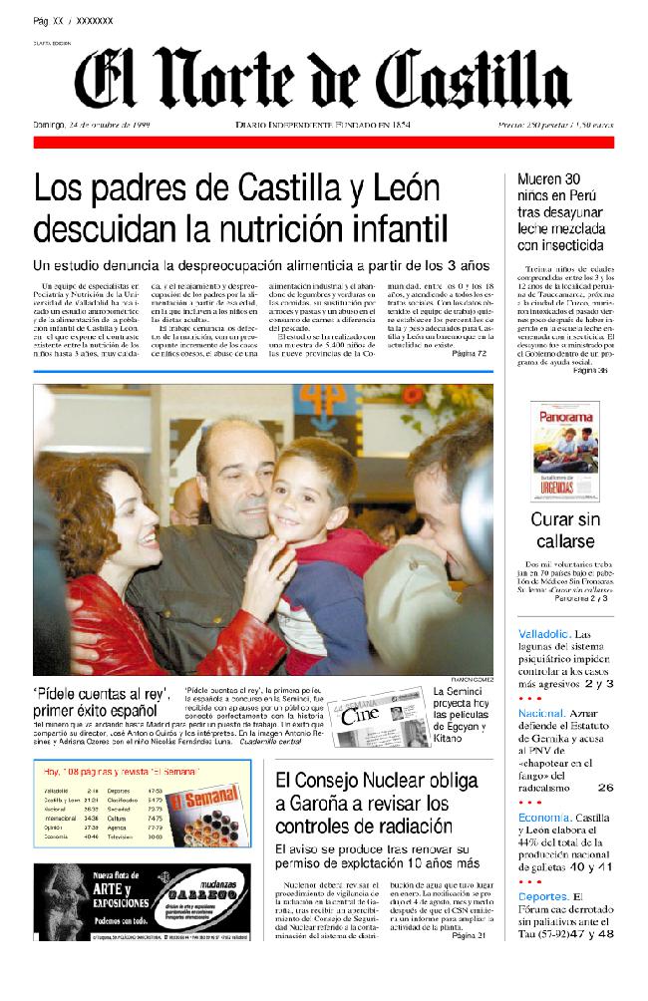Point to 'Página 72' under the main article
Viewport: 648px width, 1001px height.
pos(469,354)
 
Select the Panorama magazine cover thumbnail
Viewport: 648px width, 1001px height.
pos(564,451)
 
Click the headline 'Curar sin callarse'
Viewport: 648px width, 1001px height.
pos(565,529)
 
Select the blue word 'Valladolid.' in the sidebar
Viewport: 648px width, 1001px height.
pos(543,633)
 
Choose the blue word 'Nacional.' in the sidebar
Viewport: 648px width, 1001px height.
pos(541,714)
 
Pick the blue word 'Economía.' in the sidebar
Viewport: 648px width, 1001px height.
pos(544,817)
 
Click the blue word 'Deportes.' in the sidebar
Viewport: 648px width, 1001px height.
pos(543,896)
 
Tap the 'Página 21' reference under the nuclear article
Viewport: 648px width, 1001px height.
pos(469,935)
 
